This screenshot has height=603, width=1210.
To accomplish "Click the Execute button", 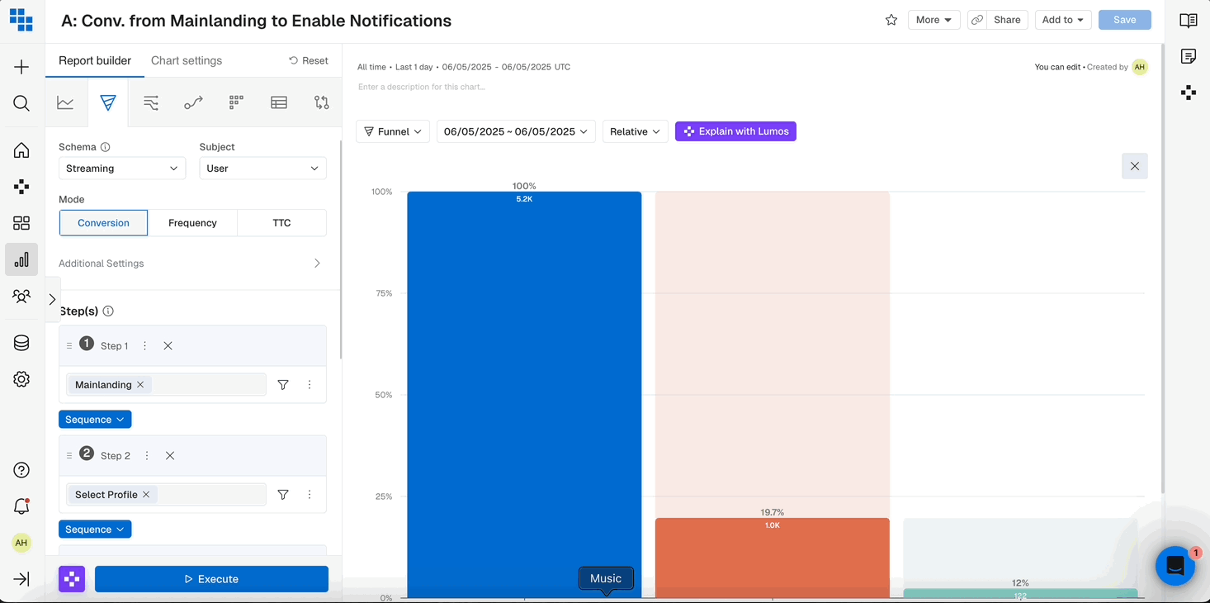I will coord(211,579).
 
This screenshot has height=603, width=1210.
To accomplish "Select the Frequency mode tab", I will coord(192,223).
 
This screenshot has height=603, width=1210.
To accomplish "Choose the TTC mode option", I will coord(281,223).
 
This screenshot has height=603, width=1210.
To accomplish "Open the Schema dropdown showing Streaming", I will coord(121,169).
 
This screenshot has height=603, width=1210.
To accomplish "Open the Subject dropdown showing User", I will coord(262,169).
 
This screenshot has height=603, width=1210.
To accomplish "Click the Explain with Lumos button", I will coord(735,131).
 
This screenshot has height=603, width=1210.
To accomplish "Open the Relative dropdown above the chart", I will coord(635,131).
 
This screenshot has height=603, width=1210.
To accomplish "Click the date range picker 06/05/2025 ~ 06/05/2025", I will coord(516,131).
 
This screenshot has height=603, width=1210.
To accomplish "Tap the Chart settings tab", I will coord(187,60).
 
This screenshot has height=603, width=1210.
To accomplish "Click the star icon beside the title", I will coord(891,20).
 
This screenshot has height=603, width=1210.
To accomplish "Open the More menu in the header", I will coord(933,20).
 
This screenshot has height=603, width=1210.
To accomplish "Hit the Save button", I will coord(1124,20).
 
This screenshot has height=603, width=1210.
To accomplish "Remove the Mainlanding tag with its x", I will coord(140,385).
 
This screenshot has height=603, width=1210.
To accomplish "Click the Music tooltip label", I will coord(606,578).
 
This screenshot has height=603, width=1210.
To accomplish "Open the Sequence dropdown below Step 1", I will coord(95,420).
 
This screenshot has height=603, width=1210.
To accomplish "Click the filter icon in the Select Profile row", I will coord(283,495).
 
